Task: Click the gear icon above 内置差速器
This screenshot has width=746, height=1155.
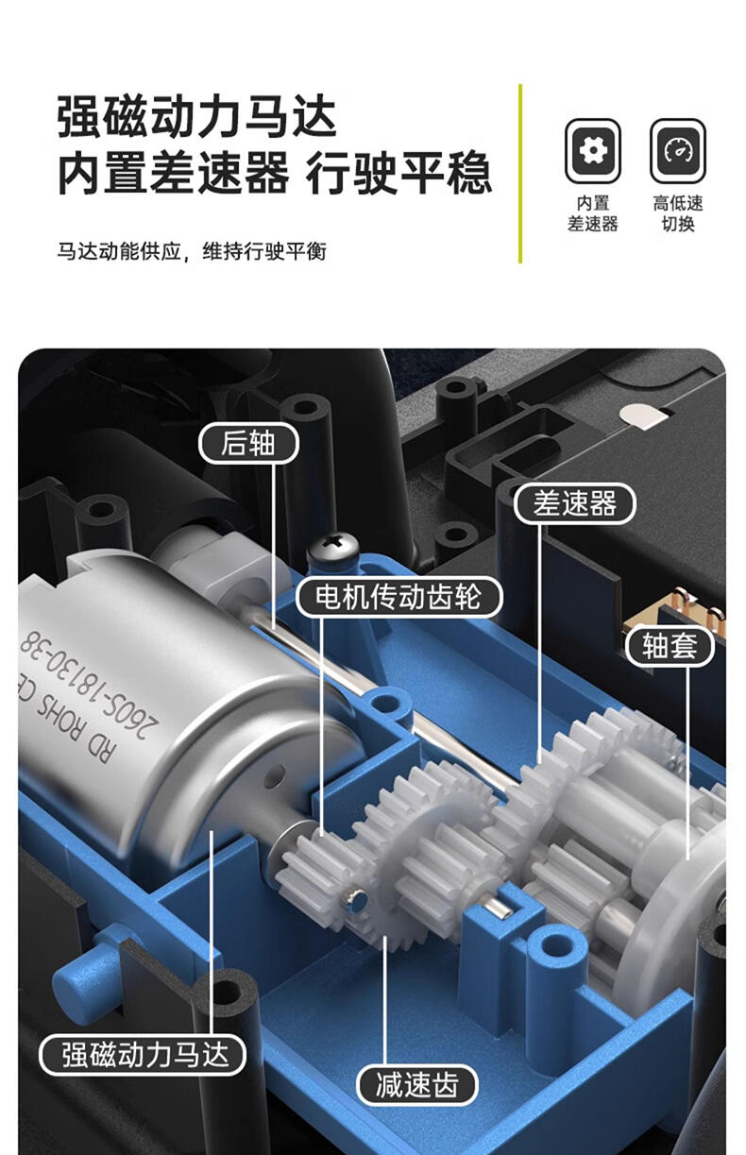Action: click(x=592, y=151)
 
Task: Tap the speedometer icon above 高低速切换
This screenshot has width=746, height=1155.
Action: click(x=677, y=151)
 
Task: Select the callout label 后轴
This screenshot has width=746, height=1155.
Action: click(x=248, y=443)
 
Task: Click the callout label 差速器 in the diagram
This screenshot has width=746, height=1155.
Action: click(x=574, y=503)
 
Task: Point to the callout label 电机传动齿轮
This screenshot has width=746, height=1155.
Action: click(x=398, y=597)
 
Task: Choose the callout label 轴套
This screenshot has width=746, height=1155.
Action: click(x=670, y=645)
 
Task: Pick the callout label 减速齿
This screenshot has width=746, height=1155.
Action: click(x=417, y=1085)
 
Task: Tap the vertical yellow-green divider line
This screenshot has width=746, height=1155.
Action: click(x=520, y=174)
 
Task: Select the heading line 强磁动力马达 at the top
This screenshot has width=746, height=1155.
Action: click(x=197, y=116)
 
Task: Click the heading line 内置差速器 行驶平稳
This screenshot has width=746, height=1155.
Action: click(x=274, y=173)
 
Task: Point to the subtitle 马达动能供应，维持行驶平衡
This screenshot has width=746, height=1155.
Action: click(x=192, y=251)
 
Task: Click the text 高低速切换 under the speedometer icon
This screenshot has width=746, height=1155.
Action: click(x=678, y=213)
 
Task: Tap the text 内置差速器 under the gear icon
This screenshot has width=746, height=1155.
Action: click(x=593, y=213)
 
